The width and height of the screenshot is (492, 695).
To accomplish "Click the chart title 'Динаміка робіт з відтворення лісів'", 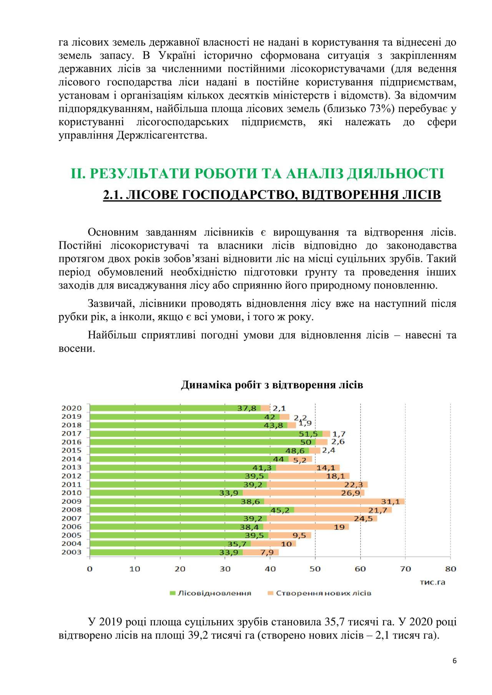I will (x=272, y=385).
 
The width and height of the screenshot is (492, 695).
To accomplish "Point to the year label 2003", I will (x=71, y=552).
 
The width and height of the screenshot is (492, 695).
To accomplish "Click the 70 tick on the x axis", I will (x=406, y=569).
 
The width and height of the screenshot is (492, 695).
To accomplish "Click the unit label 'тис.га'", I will (x=432, y=582).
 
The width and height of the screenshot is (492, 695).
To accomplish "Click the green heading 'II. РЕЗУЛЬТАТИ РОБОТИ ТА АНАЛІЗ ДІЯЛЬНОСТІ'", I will (x=257, y=174).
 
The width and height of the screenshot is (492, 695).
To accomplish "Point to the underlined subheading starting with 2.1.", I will (x=272, y=195).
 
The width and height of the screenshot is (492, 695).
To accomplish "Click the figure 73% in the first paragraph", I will (x=382, y=109).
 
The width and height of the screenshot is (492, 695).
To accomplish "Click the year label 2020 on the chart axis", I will (x=71, y=408).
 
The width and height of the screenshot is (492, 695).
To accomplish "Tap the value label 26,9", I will (x=350, y=493).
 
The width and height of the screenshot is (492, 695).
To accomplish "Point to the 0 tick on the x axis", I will (x=90, y=569).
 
